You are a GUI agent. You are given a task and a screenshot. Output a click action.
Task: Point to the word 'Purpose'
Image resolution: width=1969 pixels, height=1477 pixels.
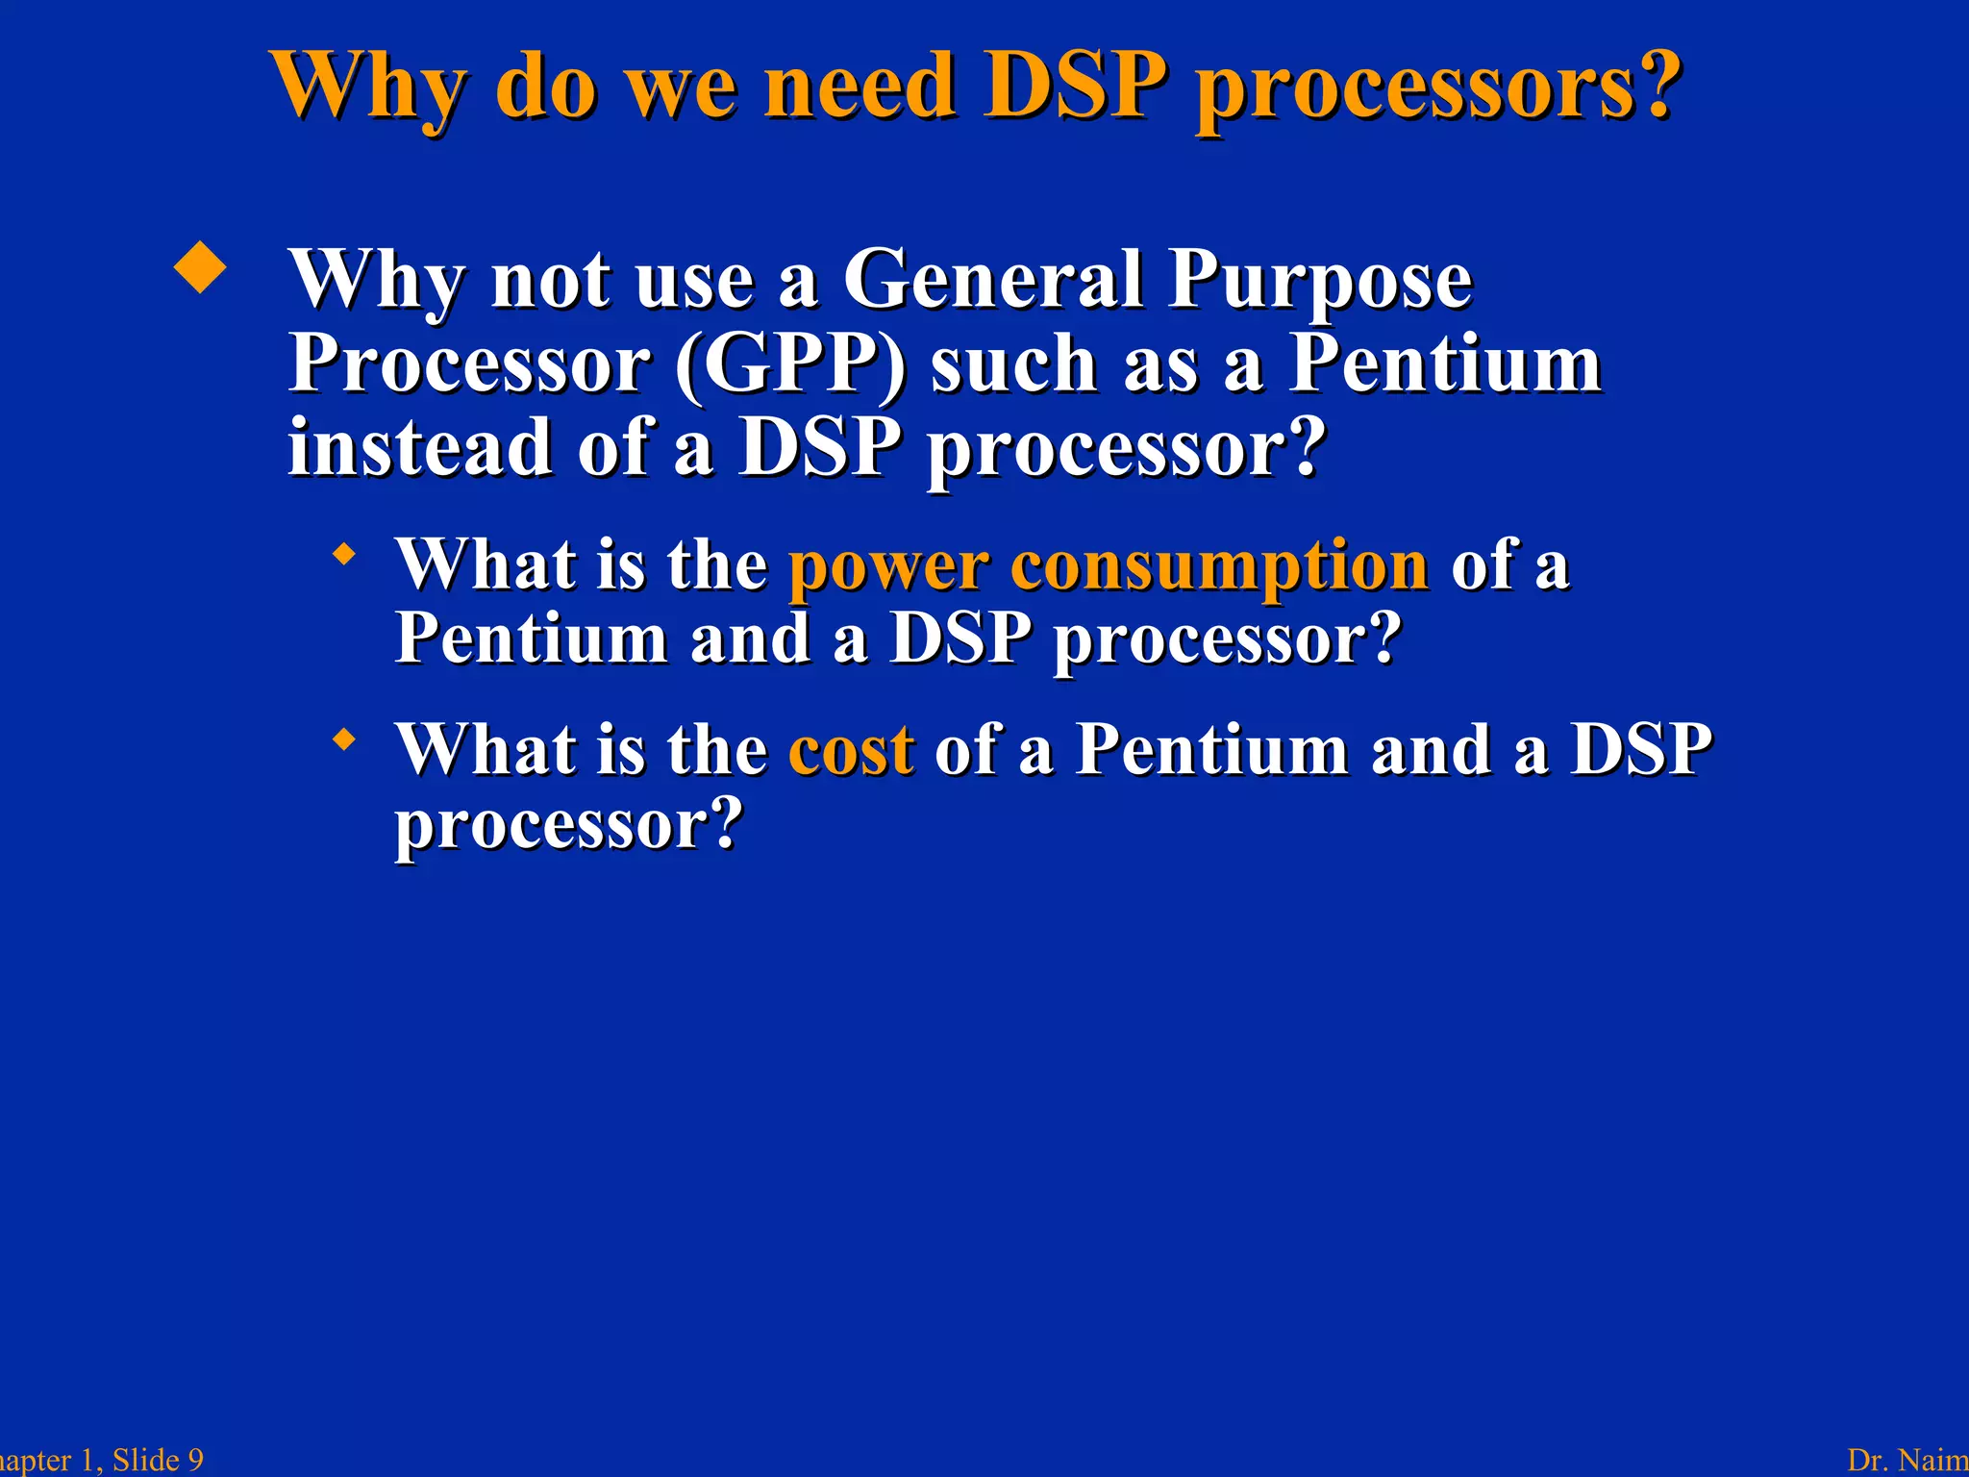[1320, 282]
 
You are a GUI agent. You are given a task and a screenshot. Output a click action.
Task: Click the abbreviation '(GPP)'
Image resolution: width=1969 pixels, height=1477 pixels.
[790, 365]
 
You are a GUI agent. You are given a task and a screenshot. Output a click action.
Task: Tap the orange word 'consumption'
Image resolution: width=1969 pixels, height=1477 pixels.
[1219, 567]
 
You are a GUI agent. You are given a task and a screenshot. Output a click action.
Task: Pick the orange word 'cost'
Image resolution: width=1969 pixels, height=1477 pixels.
[850, 750]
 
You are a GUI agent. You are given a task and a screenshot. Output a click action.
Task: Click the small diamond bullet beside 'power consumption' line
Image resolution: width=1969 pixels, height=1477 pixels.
[343, 555]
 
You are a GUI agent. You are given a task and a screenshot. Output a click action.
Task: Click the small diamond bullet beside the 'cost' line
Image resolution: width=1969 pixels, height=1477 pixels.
[343, 739]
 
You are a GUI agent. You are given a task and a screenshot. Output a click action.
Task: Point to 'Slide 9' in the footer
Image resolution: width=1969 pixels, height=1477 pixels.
[158, 1460]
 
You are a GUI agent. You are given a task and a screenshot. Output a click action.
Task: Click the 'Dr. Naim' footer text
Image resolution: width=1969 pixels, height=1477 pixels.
[1907, 1460]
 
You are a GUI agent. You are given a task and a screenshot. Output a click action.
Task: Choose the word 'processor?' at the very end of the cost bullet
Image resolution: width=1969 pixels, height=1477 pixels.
[569, 825]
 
